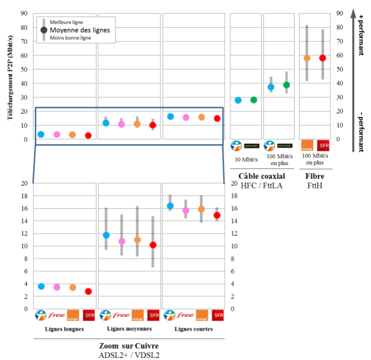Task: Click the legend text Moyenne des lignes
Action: tap(79, 30)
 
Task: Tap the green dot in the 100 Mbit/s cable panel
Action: tap(286, 85)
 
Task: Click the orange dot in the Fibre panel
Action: tap(307, 58)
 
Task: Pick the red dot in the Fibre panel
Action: tap(323, 58)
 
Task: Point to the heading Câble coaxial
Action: tap(261, 176)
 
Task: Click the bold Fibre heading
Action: tap(315, 176)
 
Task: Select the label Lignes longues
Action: tap(64, 329)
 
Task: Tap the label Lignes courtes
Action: tap(194, 329)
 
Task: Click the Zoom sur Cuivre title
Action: tap(129, 346)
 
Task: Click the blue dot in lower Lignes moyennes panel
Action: tap(106, 235)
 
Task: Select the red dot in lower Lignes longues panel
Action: tap(88, 291)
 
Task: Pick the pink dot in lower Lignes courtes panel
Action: tap(186, 210)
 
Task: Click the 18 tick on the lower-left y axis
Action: tap(23, 196)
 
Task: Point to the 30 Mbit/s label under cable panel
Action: tap(245, 159)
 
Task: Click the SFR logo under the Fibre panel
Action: tap(323, 145)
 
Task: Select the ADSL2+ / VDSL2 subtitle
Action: tap(129, 355)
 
